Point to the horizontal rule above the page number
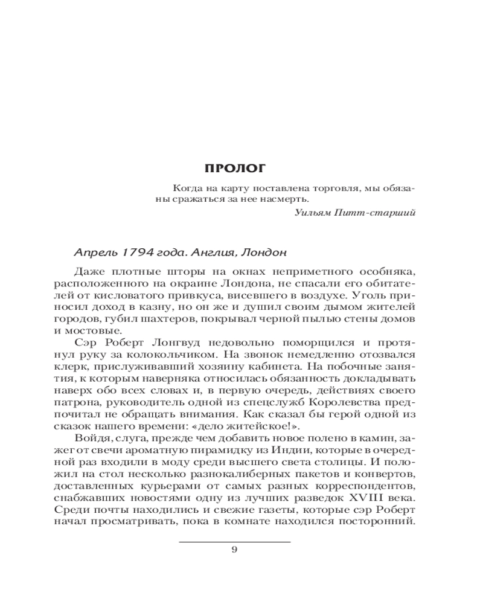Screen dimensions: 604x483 [235, 541]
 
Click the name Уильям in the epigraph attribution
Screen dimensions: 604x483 [314, 211]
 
